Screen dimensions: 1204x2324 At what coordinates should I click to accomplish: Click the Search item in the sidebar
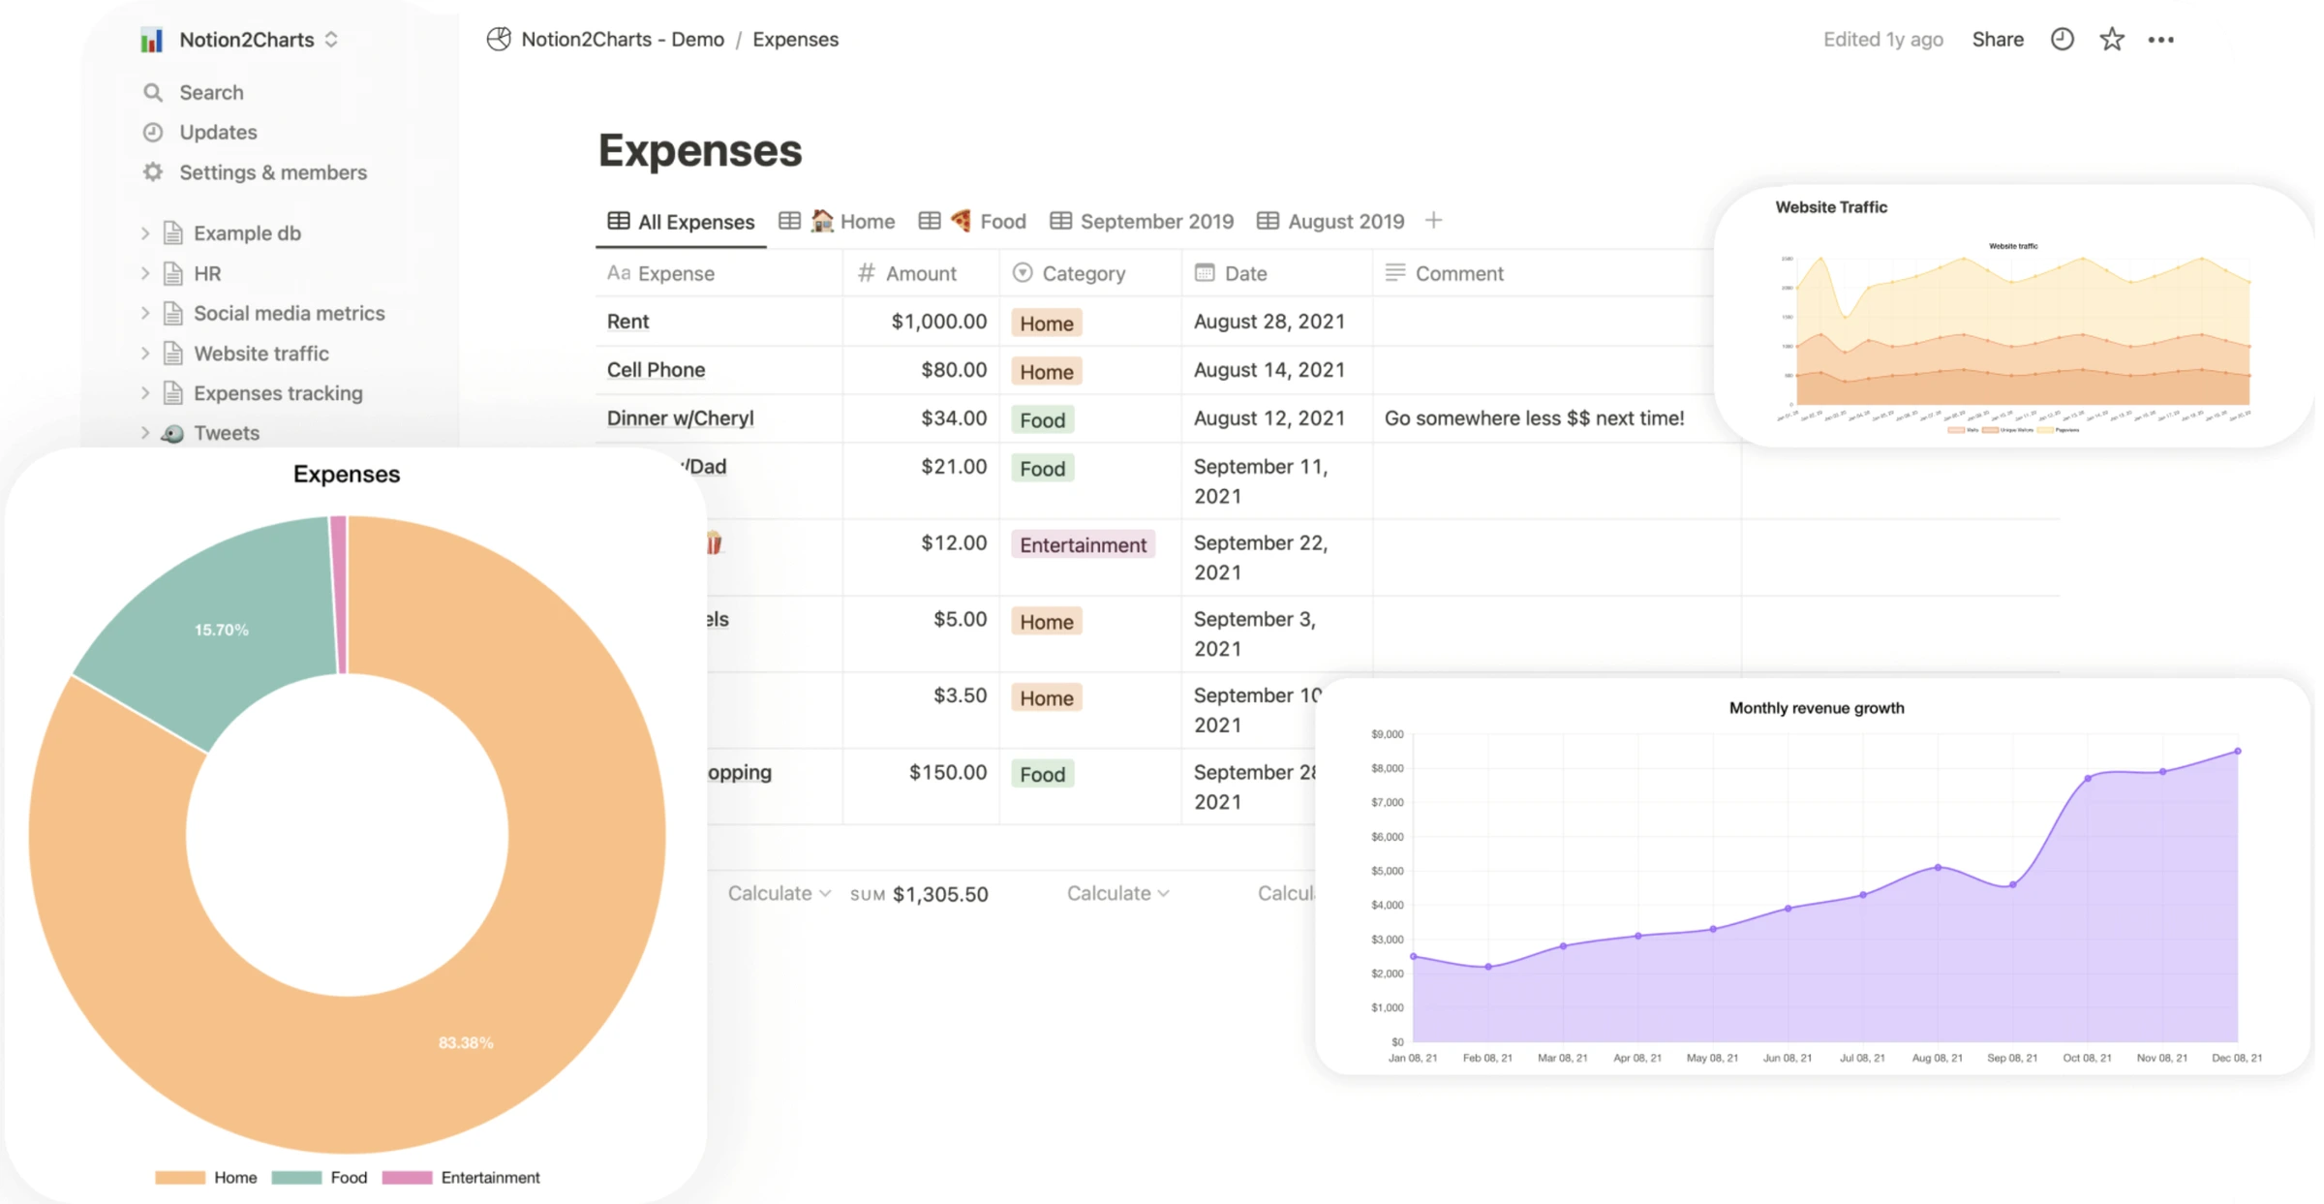click(210, 92)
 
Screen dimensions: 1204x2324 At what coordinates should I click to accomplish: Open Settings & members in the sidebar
click(272, 172)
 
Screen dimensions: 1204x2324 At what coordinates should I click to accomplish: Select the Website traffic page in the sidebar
click(260, 354)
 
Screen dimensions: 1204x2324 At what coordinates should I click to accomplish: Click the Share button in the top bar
click(1997, 40)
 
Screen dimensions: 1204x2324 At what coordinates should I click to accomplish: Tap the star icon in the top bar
click(2111, 40)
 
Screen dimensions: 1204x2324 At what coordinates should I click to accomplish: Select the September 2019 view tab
click(1155, 222)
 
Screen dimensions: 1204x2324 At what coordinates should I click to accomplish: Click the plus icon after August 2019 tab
click(1433, 221)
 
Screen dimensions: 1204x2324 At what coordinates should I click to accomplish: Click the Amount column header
click(919, 273)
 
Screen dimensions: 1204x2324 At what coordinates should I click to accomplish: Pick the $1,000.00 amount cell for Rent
click(937, 322)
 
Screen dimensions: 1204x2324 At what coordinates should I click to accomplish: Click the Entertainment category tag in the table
click(1082, 545)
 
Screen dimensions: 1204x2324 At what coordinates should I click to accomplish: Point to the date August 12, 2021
click(1269, 418)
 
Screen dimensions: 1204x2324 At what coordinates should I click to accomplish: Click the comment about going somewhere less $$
click(1533, 418)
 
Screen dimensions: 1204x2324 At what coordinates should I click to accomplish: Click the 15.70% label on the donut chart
click(221, 631)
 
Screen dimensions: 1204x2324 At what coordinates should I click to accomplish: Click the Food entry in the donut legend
click(347, 1178)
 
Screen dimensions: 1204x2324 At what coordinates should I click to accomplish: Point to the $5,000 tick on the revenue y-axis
click(1387, 871)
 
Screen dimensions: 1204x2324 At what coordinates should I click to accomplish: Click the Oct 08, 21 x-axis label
click(2087, 1058)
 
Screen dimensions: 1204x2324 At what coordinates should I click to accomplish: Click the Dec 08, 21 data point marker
click(2238, 752)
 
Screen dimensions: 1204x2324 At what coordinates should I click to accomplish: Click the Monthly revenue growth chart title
click(1816, 708)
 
